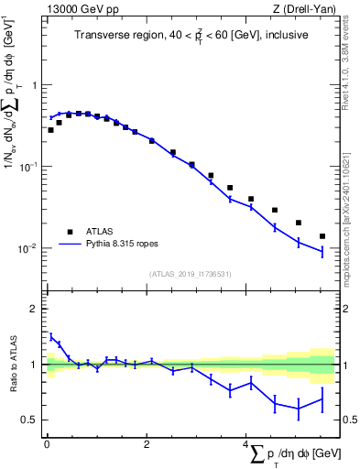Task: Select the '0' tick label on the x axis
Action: (46, 444)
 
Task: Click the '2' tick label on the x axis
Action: (147, 444)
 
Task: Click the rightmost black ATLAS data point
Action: (322, 236)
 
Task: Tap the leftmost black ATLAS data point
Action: (50, 130)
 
